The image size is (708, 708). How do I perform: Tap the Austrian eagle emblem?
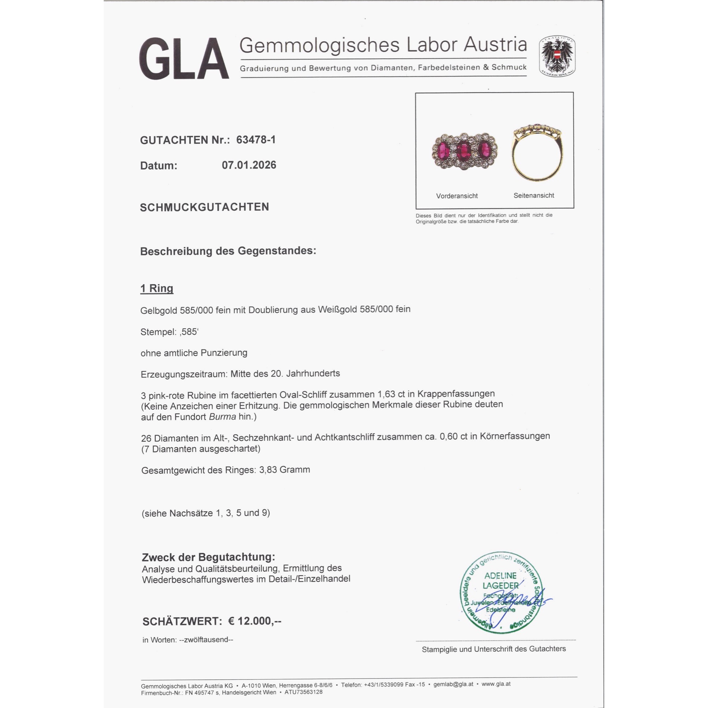pos(556,56)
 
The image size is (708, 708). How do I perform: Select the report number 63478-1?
pos(256,139)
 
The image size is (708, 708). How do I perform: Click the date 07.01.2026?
pos(249,165)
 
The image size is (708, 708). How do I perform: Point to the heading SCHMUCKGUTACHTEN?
pos(204,207)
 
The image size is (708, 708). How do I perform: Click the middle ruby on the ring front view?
pos(464,150)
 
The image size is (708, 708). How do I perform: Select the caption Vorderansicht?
pos(457,196)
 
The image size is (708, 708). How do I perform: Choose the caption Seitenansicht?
pos(533,195)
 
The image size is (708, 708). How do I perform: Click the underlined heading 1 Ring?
pos(156,289)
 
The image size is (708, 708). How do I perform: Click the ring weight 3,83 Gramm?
pos(284,469)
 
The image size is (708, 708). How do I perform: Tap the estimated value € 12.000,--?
pos(255,621)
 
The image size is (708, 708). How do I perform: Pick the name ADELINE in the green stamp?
pos(500,576)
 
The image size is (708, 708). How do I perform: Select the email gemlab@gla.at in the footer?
pos(453,684)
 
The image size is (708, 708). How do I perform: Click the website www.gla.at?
pos(496,684)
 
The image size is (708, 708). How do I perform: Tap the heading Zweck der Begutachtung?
pos(208,557)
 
